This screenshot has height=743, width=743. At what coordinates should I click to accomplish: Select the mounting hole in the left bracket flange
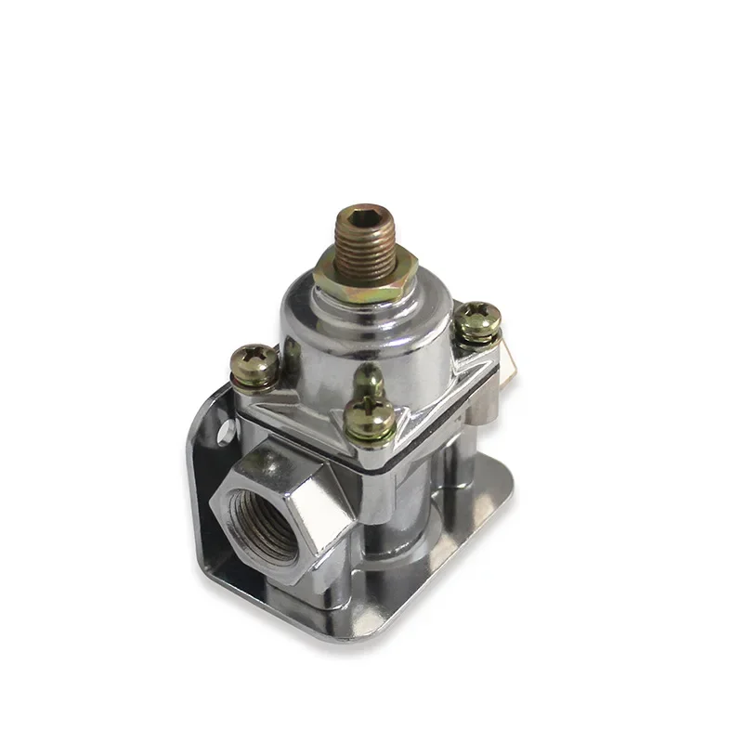click(224, 430)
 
